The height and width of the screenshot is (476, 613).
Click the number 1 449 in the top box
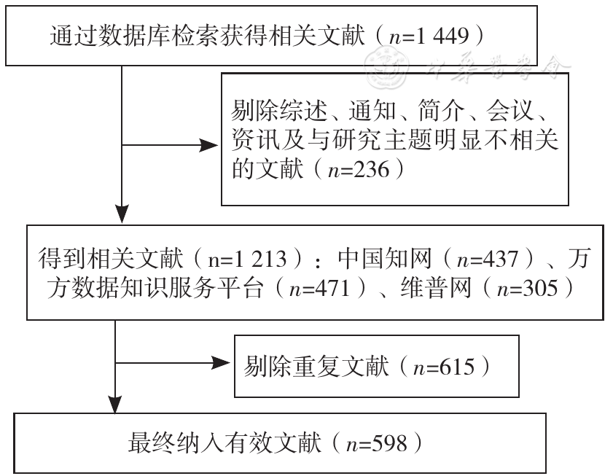(x=442, y=36)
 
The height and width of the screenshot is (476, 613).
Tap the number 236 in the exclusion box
(x=372, y=170)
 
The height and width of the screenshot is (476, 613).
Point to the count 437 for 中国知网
(x=501, y=259)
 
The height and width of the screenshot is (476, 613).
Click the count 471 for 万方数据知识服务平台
(x=332, y=289)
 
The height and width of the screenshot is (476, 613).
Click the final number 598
(x=389, y=443)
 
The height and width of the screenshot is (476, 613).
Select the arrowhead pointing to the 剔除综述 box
(x=208, y=145)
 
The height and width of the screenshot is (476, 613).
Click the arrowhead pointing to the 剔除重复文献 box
(x=221, y=362)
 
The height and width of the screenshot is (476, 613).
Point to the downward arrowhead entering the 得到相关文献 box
(x=122, y=214)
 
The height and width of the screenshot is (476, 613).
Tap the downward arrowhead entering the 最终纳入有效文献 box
(x=115, y=403)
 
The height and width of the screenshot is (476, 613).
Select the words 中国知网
(x=385, y=259)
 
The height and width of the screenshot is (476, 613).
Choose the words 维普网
(x=435, y=289)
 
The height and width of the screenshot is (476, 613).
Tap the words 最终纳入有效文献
(x=224, y=443)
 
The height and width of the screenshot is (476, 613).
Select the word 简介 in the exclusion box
(x=440, y=111)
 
